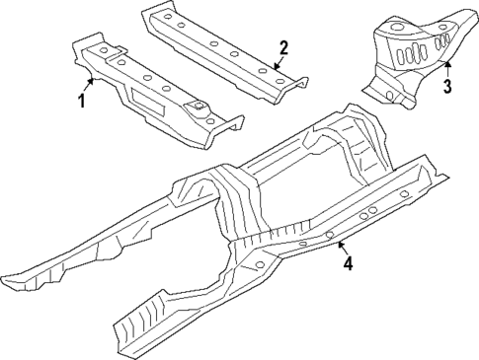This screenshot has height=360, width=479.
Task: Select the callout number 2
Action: coord(283,46)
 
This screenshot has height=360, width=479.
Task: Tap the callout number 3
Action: coord(446,87)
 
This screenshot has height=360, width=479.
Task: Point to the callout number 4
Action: coord(347,262)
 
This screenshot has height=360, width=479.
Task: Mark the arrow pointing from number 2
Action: coord(276,61)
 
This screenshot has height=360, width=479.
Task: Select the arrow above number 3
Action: coord(445,66)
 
